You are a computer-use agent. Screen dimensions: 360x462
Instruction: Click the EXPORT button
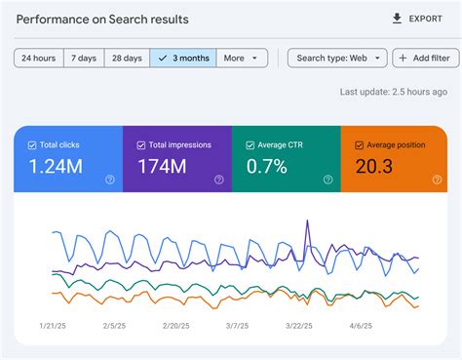point(416,19)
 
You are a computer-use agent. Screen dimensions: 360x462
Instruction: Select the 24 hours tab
point(39,59)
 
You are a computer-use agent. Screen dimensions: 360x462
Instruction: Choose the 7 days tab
point(84,59)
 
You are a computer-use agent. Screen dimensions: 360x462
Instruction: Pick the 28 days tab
point(127,59)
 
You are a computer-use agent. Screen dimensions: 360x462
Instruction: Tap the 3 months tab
point(183,59)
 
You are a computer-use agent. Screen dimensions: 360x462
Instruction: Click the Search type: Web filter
point(337,59)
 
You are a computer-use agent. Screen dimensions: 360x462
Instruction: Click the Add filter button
point(426,59)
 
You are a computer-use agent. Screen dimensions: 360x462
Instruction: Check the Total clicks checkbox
point(33,145)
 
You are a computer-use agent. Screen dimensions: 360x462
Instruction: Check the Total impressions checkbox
point(142,145)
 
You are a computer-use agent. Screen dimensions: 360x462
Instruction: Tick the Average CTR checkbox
point(250,145)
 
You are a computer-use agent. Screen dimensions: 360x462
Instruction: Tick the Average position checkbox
point(360,145)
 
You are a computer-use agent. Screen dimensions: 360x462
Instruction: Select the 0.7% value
point(266,167)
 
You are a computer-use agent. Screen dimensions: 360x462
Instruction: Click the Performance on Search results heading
point(102,19)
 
